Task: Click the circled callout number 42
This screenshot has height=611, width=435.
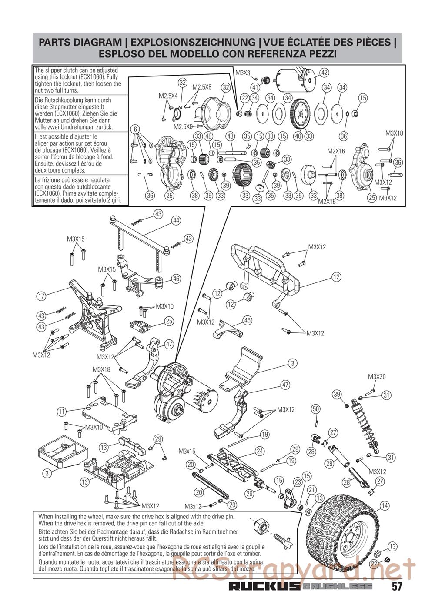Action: coord(324,73)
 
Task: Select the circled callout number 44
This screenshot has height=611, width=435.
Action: coord(177,220)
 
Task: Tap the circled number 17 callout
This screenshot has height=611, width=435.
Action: coord(41,296)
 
